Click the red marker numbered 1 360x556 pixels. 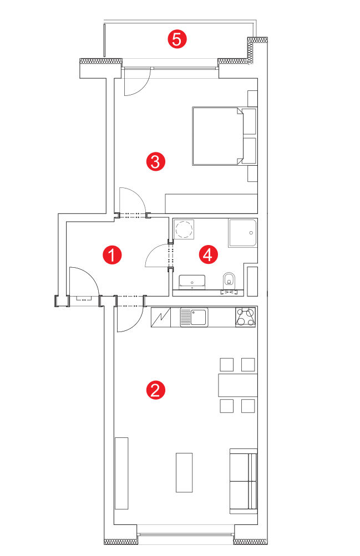(112, 254)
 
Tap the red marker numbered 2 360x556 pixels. (155, 390)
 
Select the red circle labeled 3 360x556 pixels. (155, 162)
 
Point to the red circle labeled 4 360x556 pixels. (208, 254)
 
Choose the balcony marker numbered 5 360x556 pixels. (176, 39)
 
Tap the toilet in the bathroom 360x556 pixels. (229, 279)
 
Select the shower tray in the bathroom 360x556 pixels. (242, 233)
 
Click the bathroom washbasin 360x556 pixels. (192, 282)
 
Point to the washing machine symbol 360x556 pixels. (184, 229)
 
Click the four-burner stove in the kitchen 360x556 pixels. (245, 317)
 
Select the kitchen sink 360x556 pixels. (194, 317)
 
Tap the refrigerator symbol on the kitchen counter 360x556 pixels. (161, 317)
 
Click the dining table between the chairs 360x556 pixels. (237, 385)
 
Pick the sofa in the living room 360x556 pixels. (244, 481)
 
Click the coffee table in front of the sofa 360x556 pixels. (184, 472)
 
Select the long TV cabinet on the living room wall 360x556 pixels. (121, 473)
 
